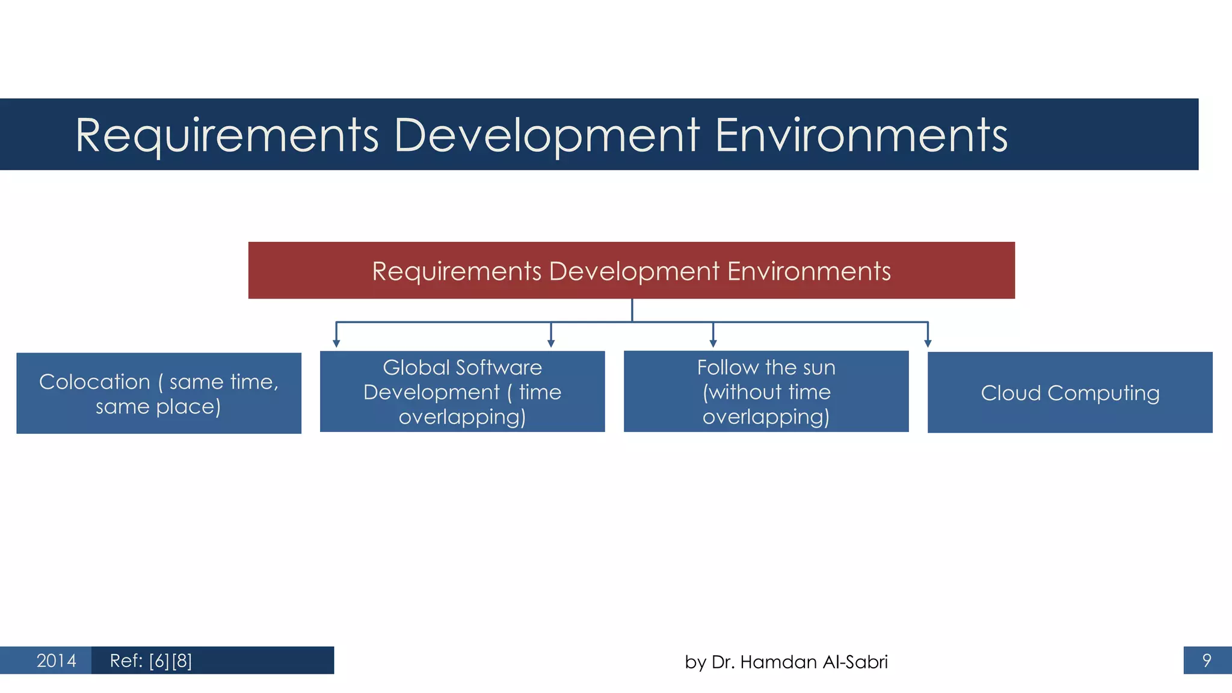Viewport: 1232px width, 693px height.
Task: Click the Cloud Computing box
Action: [x=1070, y=392]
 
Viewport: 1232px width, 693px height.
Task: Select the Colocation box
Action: [x=159, y=393]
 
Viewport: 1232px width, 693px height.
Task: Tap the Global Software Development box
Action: [x=462, y=391]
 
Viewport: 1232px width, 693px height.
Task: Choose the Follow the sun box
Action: [x=766, y=391]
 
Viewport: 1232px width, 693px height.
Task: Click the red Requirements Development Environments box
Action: [x=631, y=270]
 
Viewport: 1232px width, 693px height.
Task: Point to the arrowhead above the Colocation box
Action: [x=336, y=343]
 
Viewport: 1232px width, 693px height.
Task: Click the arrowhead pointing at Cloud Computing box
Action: [x=928, y=343]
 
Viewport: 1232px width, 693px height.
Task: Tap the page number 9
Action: [x=1206, y=661]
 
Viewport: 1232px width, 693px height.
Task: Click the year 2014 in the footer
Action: [x=56, y=661]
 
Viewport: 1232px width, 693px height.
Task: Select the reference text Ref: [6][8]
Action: [x=150, y=661]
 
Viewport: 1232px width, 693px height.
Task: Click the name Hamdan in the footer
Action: [x=778, y=662]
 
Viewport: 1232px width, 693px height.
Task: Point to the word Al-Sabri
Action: [x=854, y=662]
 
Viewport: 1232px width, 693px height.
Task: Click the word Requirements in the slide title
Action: [x=227, y=136]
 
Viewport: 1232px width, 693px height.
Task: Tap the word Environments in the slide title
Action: [x=861, y=136]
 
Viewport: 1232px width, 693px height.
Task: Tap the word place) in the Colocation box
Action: [x=188, y=407]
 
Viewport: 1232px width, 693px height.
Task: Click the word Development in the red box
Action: [x=634, y=271]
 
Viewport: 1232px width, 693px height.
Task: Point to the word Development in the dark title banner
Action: [x=547, y=136]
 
